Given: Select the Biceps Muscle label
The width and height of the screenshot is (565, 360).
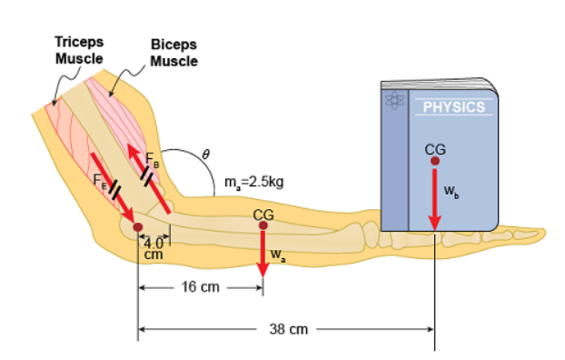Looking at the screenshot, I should coord(173,53).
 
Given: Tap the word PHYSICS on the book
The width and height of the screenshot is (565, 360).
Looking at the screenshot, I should coord(454,107).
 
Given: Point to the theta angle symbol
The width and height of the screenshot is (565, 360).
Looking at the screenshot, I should coord(208,157).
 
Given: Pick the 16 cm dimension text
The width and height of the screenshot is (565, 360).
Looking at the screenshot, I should coord(200,288).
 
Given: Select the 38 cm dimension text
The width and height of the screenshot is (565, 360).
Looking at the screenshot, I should coord(289,328).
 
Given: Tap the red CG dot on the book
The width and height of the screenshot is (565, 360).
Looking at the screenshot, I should coord(434,161).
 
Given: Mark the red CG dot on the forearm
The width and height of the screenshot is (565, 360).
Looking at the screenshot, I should coord(263,225).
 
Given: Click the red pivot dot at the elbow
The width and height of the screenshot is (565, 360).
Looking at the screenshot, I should coord(138,226).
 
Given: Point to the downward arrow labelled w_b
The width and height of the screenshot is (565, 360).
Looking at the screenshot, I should coord(434,195).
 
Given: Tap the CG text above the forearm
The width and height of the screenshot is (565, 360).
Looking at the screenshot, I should coord(263,215).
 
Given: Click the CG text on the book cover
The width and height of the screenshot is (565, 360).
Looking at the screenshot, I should coord(435,148).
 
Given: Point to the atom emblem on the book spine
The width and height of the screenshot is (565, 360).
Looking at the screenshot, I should coord(394,102).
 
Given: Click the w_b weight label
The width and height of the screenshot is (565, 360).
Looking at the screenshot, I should coord(451,192).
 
